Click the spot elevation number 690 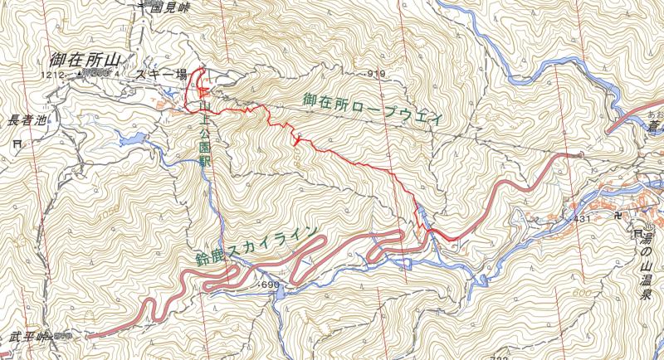coord(270,285)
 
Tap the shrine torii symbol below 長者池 coord(17,143)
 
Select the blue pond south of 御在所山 coord(131,138)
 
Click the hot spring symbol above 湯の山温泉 coord(639,236)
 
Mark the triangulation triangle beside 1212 coord(79,74)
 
